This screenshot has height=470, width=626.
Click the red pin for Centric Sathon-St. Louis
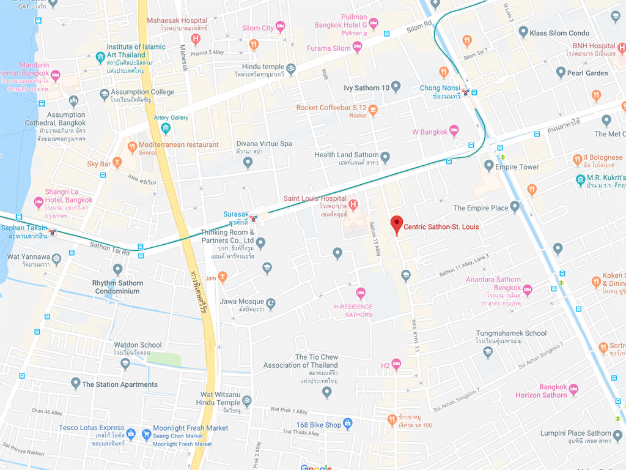tap(397, 225)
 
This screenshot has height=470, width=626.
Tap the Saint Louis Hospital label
tap(315, 199)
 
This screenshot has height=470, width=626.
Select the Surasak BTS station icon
tap(253, 218)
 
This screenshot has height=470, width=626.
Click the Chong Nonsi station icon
tap(466, 92)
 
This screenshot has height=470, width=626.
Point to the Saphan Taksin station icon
tap(54, 232)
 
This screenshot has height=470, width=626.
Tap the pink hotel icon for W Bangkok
tap(454, 130)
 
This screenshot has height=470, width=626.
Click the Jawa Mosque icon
tap(271, 302)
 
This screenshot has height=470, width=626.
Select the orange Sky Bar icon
tap(117, 163)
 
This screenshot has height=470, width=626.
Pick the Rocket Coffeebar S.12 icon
tap(373, 110)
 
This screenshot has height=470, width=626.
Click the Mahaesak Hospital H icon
tap(196, 40)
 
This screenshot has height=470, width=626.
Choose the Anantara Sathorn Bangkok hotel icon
tap(528, 290)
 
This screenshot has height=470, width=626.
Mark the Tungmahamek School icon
tap(487, 351)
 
